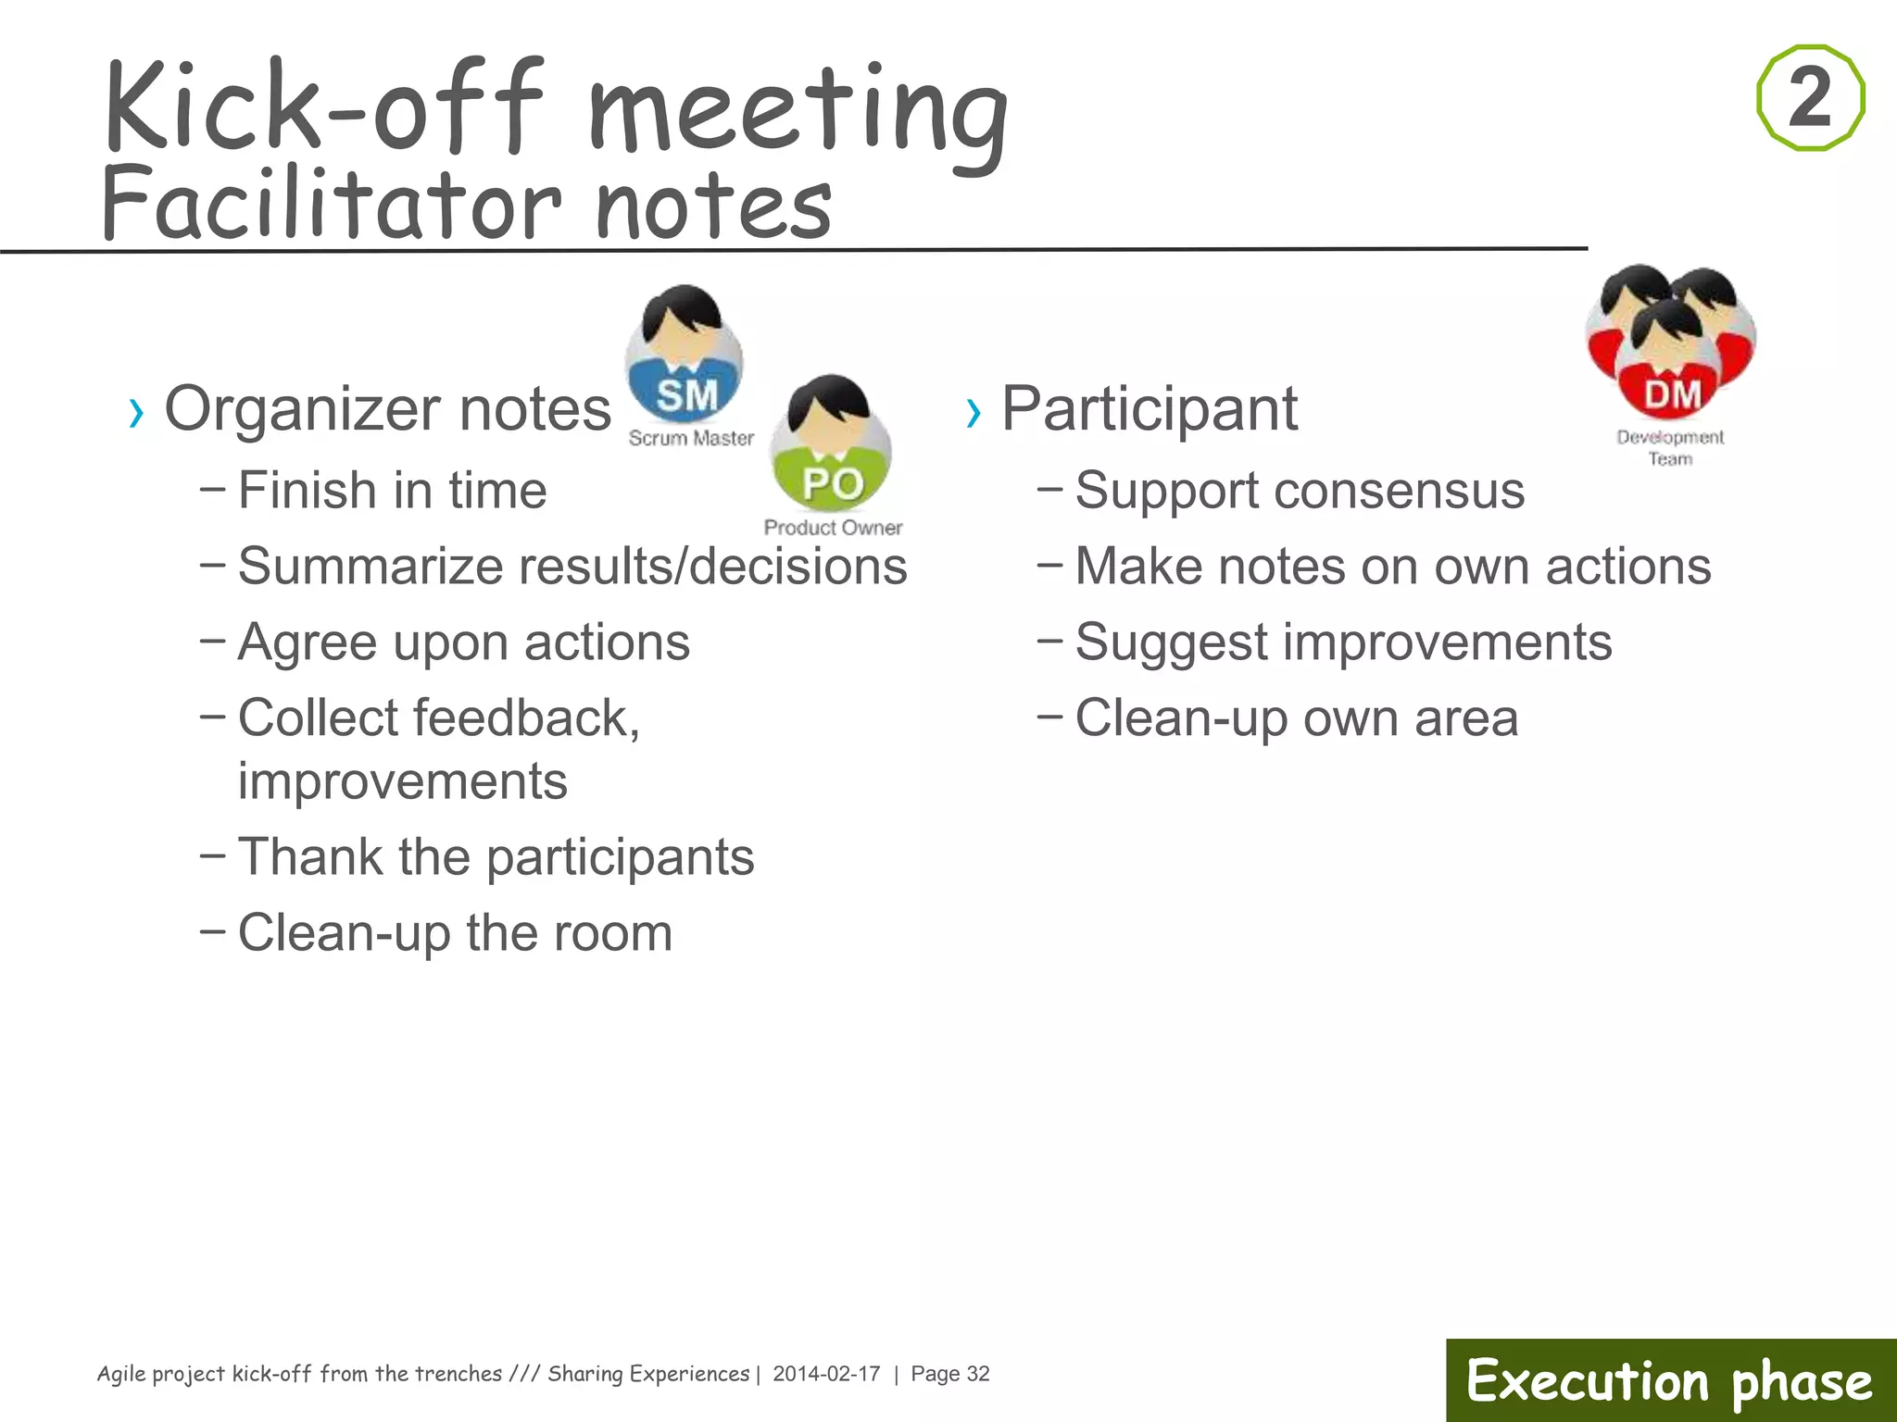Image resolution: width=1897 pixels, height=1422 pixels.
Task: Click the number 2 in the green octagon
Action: (x=1810, y=97)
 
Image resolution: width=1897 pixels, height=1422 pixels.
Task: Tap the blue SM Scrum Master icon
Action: (x=685, y=357)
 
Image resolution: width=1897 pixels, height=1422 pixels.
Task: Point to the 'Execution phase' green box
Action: (x=1670, y=1380)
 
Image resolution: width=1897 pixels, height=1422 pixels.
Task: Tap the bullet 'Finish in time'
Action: (x=392, y=490)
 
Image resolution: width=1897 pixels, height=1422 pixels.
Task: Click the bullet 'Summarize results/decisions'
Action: (x=572, y=566)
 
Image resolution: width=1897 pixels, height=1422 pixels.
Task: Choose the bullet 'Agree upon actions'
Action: (x=463, y=642)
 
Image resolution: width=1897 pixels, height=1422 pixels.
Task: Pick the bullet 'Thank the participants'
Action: (x=496, y=856)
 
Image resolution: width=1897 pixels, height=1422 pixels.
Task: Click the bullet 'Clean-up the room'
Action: (x=455, y=932)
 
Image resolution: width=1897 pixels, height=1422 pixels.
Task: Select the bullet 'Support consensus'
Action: (x=1300, y=490)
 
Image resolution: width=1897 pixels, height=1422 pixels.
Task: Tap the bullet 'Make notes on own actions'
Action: (x=1393, y=566)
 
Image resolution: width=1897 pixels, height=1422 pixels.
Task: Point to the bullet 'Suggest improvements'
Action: (x=1343, y=642)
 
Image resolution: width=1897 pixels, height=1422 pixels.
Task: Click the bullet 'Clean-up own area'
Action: (x=1297, y=717)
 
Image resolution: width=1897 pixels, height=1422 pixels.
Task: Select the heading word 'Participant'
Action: (x=1150, y=408)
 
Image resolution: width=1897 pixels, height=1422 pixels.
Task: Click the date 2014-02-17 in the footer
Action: (x=826, y=1374)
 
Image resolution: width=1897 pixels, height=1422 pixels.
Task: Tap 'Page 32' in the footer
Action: (x=950, y=1374)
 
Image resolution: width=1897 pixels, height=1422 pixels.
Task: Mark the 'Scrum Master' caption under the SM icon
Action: (x=691, y=438)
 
